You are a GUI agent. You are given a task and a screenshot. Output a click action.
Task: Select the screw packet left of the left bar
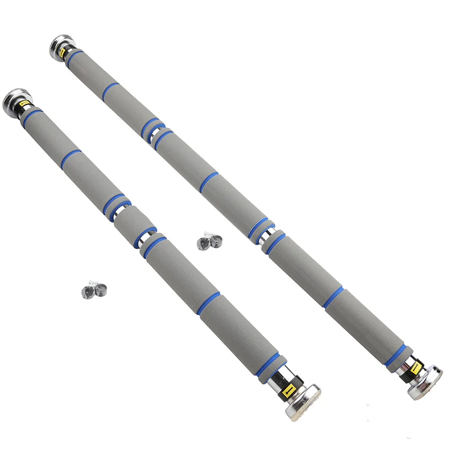(x=93, y=290)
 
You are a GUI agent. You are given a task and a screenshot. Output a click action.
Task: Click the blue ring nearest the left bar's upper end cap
(x=33, y=114)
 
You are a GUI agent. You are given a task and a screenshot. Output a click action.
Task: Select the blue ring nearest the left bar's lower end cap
(x=269, y=365)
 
